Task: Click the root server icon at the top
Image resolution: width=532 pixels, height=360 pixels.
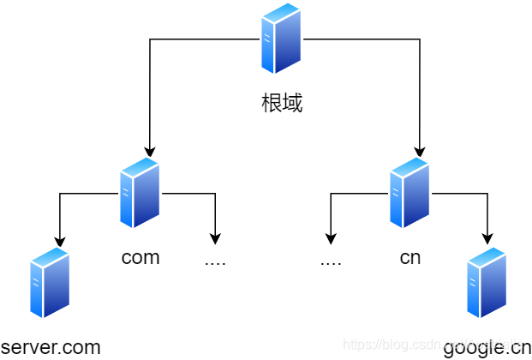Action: coord(282,39)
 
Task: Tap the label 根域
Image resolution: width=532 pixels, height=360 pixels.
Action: coord(282,105)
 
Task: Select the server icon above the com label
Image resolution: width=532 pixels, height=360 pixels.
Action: coord(140,193)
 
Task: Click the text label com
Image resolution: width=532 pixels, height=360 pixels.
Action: coord(140,258)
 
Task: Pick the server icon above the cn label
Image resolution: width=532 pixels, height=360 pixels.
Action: coord(409,193)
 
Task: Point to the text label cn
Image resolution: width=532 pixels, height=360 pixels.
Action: coord(410,258)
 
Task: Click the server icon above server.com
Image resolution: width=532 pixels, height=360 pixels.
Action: coord(50,283)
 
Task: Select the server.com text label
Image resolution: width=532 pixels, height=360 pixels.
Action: coord(51,347)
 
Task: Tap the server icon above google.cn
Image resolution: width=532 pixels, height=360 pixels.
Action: coord(487,283)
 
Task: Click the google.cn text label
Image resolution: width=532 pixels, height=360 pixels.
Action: coord(487,347)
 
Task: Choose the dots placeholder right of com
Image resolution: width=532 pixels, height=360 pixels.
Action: coord(215,261)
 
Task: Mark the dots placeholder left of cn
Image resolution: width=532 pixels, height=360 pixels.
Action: coord(331,261)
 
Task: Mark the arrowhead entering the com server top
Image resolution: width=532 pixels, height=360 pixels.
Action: coord(150,151)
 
